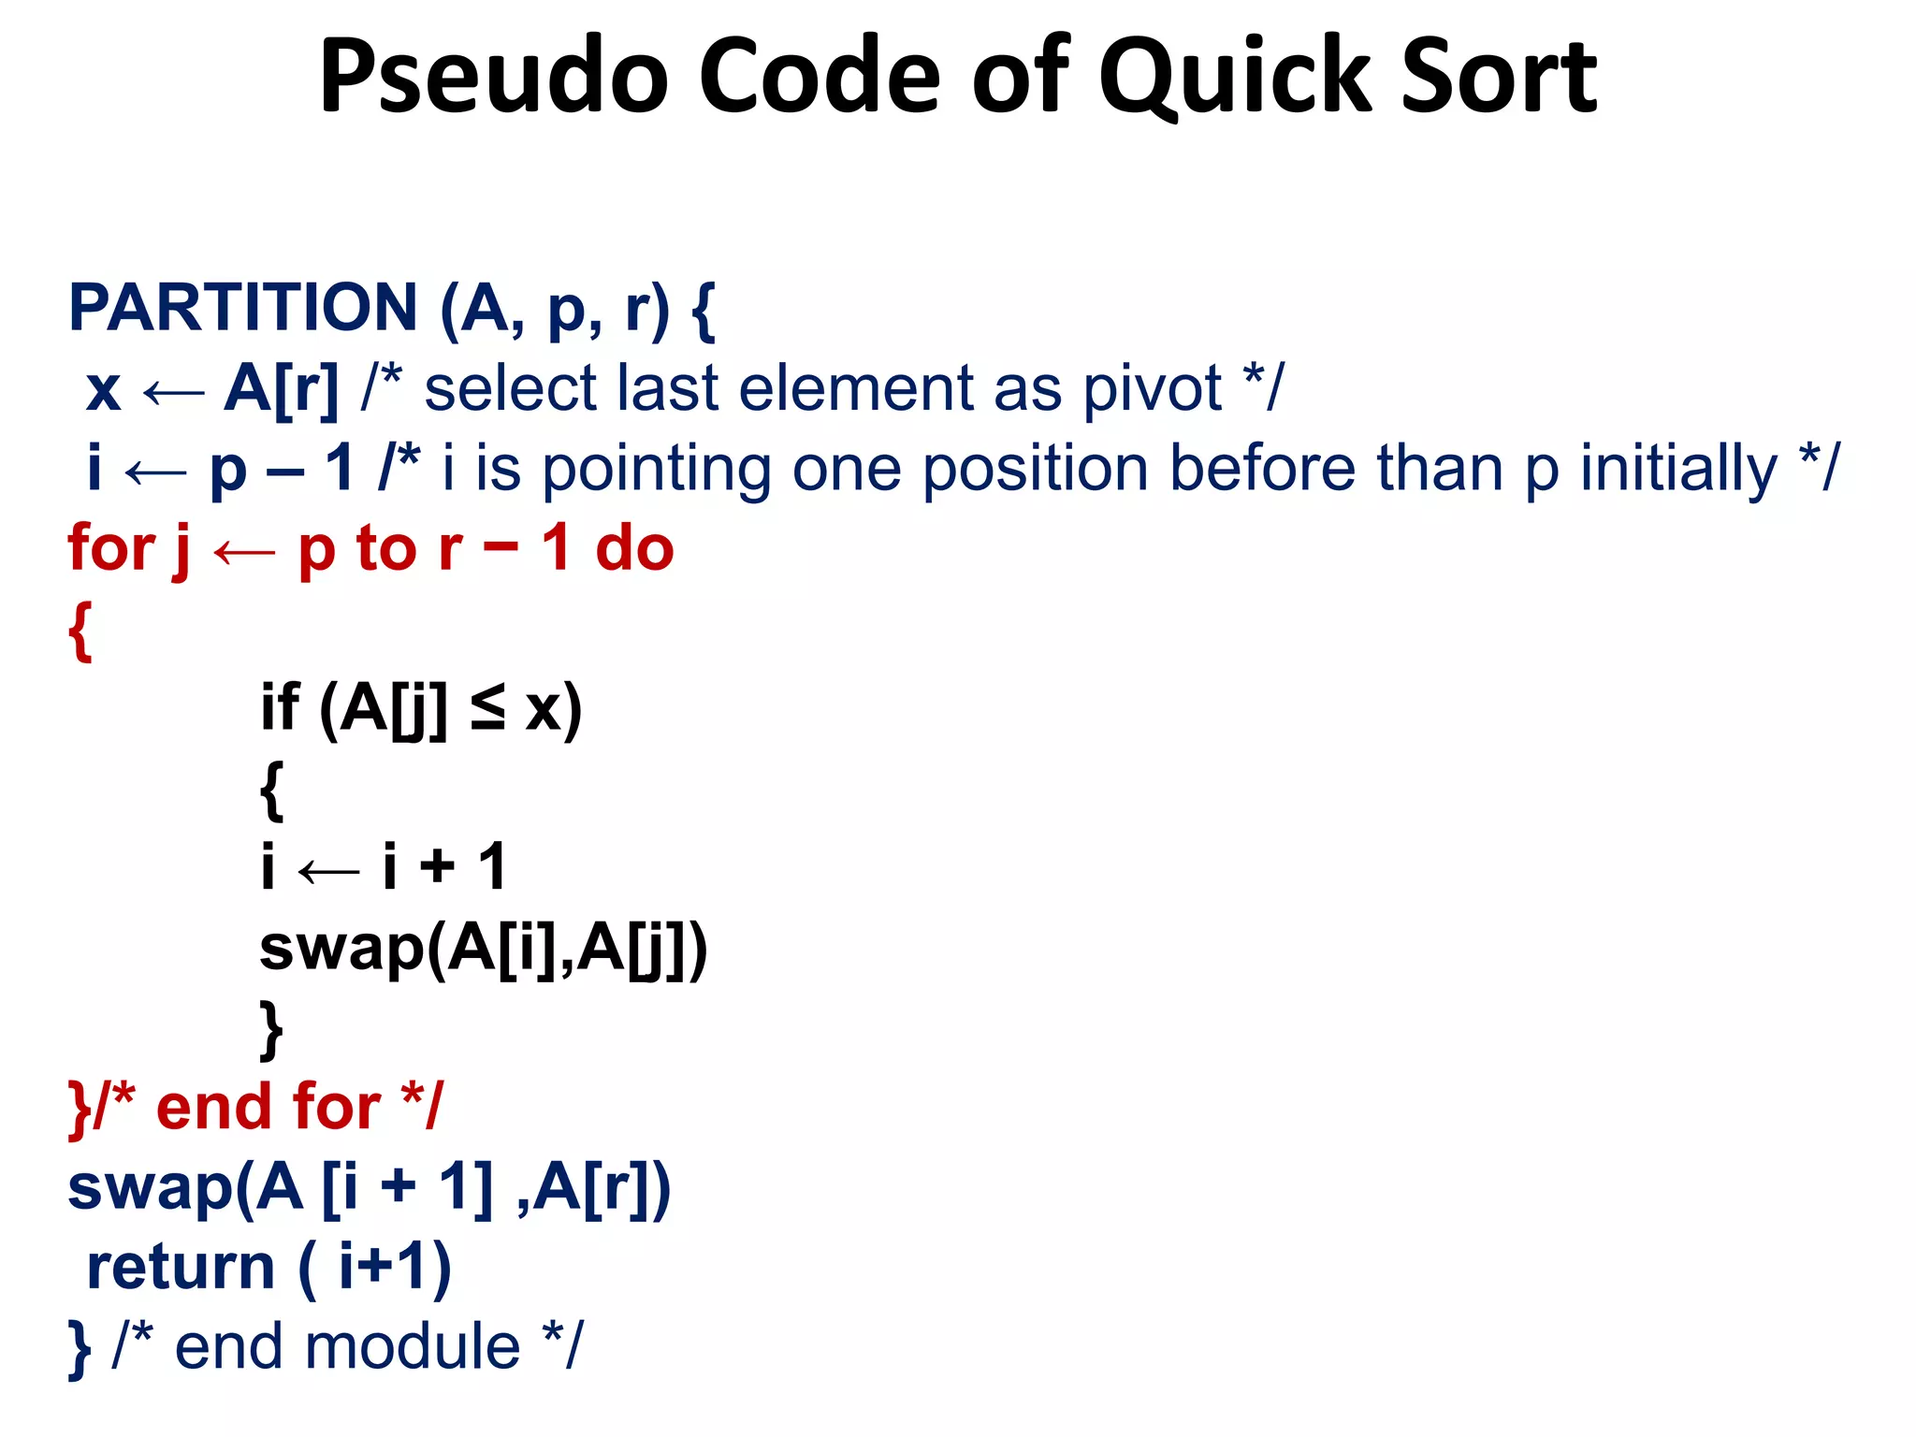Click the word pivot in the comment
(1152, 387)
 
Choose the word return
(181, 1268)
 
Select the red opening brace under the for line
(80, 631)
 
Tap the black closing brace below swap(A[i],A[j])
(271, 1029)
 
